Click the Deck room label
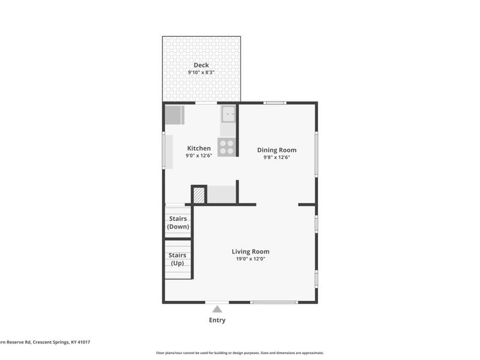click(201, 65)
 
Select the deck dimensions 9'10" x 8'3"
click(201, 73)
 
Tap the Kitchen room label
click(199, 148)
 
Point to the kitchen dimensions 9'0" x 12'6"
click(199, 155)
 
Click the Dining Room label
click(277, 150)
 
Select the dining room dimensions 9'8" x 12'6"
click(277, 157)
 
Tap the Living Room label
click(250, 251)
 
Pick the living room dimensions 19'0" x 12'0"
click(250, 259)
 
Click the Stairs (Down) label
click(178, 223)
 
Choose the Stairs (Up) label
click(178, 259)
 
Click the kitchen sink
click(228, 113)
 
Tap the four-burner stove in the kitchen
click(227, 147)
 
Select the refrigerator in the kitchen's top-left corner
click(174, 115)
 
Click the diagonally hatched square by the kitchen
click(199, 195)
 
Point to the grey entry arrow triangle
click(217, 309)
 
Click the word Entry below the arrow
click(217, 320)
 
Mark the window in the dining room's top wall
click(275, 103)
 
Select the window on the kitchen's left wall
click(164, 151)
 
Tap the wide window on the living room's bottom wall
click(274, 302)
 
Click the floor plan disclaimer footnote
click(240, 353)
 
